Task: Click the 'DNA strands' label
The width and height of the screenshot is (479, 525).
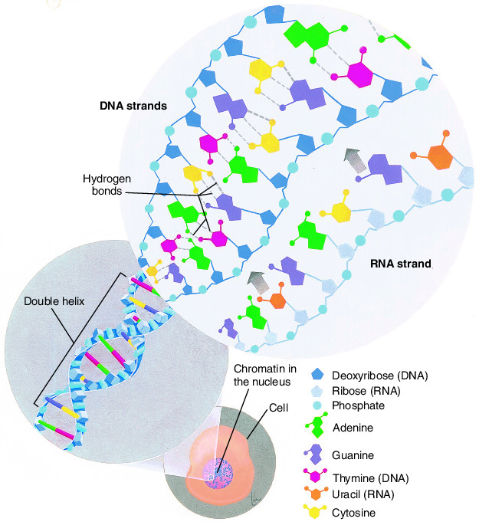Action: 133,106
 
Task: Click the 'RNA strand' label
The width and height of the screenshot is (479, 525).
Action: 400,264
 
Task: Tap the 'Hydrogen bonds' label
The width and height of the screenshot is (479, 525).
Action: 107,185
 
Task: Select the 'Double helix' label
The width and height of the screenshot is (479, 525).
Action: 54,301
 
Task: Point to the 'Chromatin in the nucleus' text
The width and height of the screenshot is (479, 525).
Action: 264,376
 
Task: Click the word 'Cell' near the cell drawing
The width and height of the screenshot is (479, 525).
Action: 278,408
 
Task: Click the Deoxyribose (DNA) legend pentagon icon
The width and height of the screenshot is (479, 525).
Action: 317,374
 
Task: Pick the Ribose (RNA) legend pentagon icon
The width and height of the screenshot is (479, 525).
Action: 317,390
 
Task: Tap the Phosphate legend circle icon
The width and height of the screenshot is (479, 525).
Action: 317,405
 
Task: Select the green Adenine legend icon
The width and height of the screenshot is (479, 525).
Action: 317,426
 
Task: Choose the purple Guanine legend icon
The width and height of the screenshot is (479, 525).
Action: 314,454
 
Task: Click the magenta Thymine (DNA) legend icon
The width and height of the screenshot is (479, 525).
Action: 315,475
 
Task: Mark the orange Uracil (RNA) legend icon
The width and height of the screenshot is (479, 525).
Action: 315,493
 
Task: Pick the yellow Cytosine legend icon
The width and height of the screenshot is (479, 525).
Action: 314,511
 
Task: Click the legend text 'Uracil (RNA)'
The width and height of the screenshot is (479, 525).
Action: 363,494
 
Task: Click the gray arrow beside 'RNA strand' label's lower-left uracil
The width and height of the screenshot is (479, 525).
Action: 259,282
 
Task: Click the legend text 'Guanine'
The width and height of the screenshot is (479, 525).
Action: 353,455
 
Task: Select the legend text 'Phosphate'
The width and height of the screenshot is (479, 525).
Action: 358,405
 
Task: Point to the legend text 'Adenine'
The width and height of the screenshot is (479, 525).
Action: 353,428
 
